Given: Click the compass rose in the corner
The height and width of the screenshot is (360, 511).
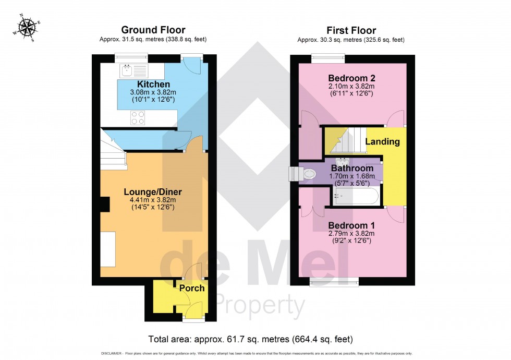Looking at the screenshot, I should [x=26, y=29].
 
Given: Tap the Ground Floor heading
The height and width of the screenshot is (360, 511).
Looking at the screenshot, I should [x=153, y=30].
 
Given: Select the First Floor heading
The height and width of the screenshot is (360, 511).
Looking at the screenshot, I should [x=351, y=30].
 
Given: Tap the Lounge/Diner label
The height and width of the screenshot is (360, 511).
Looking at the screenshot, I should [x=153, y=191].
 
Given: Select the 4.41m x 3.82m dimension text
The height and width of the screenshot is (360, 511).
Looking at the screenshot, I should [x=153, y=199].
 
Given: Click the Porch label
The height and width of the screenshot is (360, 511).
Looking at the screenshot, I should [x=192, y=288].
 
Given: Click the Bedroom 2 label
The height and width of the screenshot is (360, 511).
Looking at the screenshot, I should [x=351, y=78].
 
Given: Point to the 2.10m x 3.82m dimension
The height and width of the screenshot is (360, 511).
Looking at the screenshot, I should [x=351, y=87].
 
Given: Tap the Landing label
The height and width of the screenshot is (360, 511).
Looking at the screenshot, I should [x=382, y=141].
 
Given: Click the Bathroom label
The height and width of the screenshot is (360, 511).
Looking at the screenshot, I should [x=352, y=169].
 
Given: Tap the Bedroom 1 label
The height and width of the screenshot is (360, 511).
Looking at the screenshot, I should [x=351, y=225].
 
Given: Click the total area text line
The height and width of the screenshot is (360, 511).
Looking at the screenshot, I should [x=251, y=339].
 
